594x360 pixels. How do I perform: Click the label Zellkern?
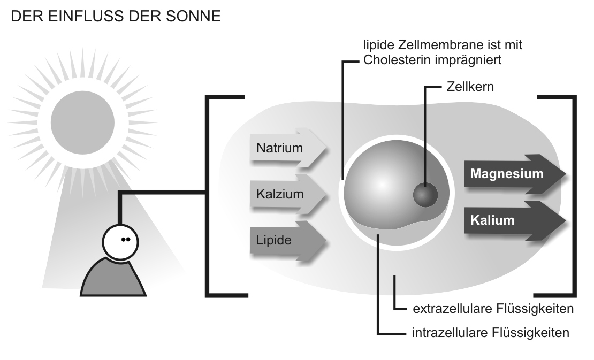[470, 86]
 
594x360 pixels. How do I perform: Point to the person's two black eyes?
[126, 240]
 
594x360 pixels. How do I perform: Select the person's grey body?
[113, 278]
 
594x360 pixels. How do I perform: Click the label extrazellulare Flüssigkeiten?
[493, 309]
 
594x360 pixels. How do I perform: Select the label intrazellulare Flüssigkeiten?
[490, 333]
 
